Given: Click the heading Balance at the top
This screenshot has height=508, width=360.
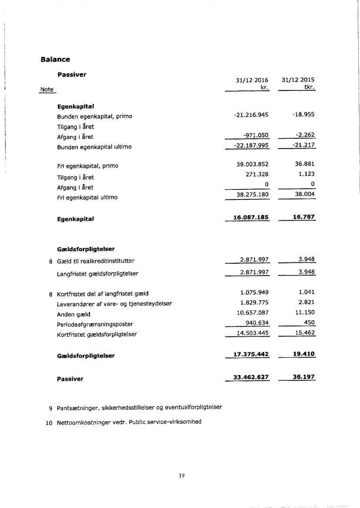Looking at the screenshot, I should pos(55,59).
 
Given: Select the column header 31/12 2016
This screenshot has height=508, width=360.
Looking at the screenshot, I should pos(252,80).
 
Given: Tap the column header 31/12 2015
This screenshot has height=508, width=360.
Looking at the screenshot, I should pos(298,80).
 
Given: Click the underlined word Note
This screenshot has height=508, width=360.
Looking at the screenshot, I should pos(47,90).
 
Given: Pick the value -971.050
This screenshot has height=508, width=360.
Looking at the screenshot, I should pos(254,137).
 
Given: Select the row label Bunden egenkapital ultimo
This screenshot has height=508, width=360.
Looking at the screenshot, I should pos(94,147).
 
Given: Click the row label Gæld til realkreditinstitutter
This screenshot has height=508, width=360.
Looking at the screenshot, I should pos(96,261).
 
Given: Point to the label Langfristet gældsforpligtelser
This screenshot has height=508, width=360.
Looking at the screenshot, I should pos(98,274).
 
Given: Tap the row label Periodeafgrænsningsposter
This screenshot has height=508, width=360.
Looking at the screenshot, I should pos(95,324).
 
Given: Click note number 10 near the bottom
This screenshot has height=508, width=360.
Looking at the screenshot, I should pos(49,422).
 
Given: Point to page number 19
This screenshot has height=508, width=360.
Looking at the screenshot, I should pos(182,476).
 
